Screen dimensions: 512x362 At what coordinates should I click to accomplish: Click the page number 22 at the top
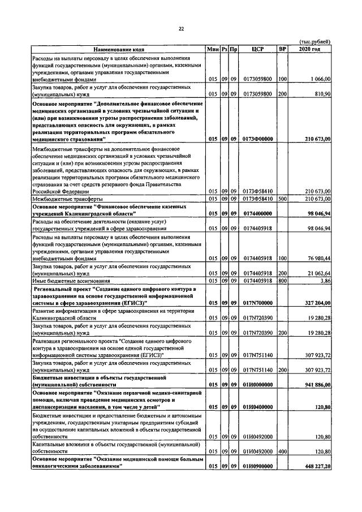pyautogui.click(x=181, y=28)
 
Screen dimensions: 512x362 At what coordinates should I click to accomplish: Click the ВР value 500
pyautogui.click(x=282, y=199)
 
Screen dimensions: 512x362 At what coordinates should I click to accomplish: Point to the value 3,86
pyautogui.click(x=325, y=280)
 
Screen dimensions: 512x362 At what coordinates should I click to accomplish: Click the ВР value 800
pyautogui.click(x=282, y=280)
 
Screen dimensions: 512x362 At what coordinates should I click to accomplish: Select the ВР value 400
pyautogui.click(x=282, y=452)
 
